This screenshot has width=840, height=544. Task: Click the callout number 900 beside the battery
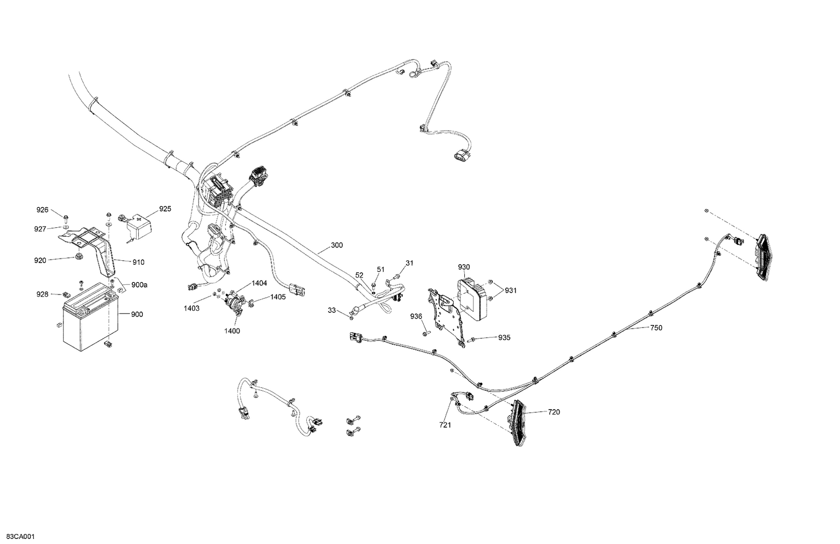click(x=137, y=315)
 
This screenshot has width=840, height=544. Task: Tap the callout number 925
click(x=165, y=209)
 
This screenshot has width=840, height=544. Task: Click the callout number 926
click(x=43, y=210)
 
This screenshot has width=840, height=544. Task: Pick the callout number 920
click(x=40, y=260)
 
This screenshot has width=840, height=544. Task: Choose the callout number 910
click(x=138, y=262)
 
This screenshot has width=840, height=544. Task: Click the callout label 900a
click(x=139, y=285)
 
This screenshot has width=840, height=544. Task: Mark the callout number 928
click(x=43, y=294)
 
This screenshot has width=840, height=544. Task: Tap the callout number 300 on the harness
click(x=337, y=245)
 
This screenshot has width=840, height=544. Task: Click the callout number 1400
click(x=232, y=331)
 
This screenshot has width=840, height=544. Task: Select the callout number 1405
click(x=278, y=297)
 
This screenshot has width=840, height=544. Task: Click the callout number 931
click(x=510, y=290)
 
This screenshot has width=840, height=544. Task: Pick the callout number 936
click(x=416, y=317)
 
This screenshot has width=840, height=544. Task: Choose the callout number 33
click(x=332, y=310)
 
